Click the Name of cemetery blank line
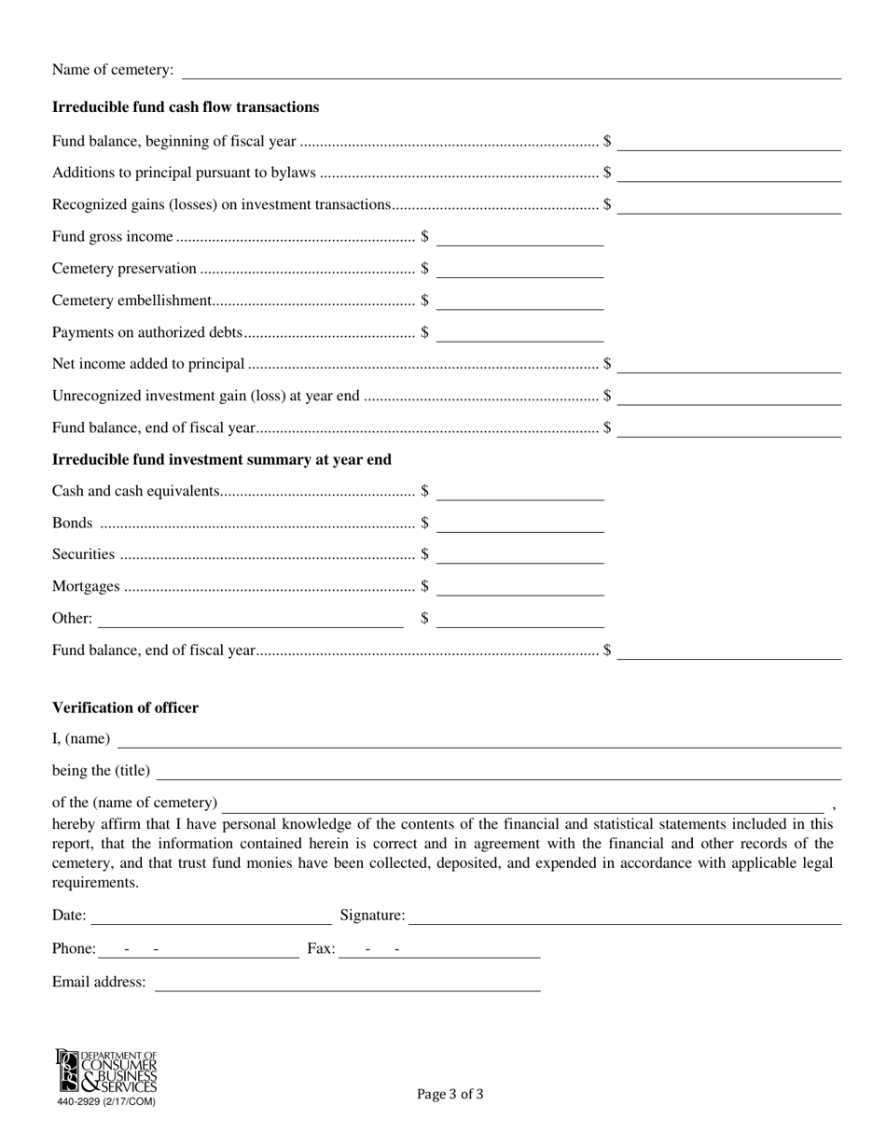click(511, 71)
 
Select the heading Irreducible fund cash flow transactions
click(186, 107)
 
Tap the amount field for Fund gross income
click(519, 238)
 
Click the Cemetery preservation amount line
click(519, 270)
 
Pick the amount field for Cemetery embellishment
click(519, 301)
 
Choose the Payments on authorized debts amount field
click(519, 333)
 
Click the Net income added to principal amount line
click(728, 365)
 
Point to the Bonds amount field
click(519, 524)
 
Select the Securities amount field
click(519, 555)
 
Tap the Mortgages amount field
click(519, 587)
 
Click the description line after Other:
click(250, 619)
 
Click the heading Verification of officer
click(125, 707)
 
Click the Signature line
click(625, 917)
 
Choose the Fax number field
click(439, 949)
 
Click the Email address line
click(347, 983)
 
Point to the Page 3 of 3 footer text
click(450, 1094)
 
